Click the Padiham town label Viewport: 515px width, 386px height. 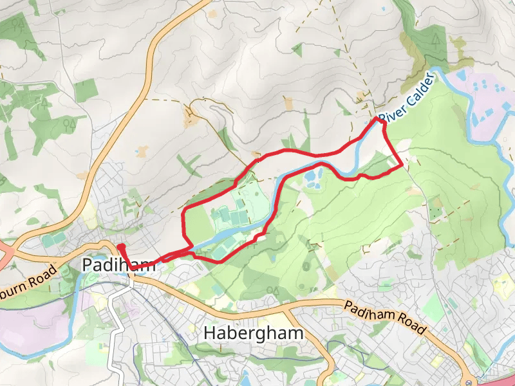(119, 264)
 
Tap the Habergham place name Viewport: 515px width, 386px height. (253, 333)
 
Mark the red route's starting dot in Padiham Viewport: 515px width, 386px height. (120, 246)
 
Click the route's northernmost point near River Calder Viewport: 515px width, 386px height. (379, 119)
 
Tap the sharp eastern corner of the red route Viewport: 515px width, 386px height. (402, 165)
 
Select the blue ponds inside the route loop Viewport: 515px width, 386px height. (314, 178)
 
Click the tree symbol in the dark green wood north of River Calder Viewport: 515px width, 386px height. (435, 41)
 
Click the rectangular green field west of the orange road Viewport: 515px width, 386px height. (84, 91)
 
